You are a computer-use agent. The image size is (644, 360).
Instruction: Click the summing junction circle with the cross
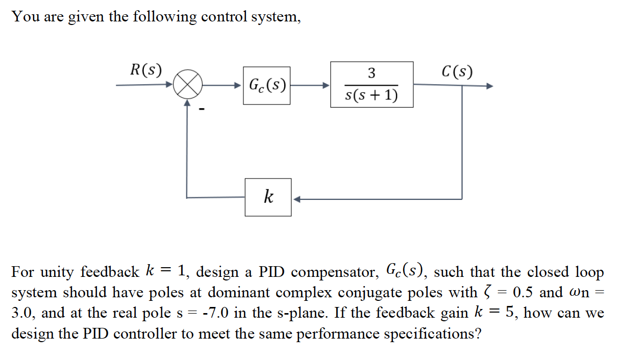click(187, 85)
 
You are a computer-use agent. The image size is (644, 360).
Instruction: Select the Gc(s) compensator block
click(266, 85)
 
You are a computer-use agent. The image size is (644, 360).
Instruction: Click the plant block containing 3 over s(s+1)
click(371, 85)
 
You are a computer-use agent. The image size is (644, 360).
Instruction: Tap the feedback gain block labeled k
click(268, 197)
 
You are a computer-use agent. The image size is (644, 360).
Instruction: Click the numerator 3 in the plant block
click(371, 73)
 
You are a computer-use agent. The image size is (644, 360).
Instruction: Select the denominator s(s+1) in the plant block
click(371, 95)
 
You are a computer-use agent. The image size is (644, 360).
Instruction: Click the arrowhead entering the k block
click(296, 199)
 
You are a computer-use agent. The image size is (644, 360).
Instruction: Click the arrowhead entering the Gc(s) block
click(238, 85)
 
